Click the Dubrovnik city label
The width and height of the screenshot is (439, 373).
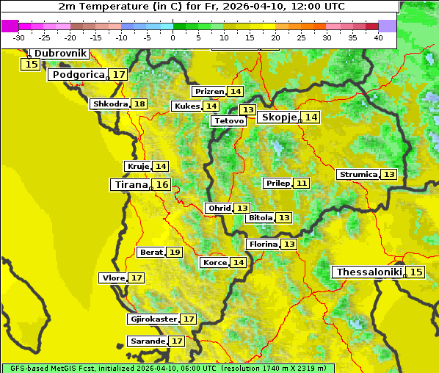coord(60,53)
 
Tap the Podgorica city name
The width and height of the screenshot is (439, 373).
coord(77,74)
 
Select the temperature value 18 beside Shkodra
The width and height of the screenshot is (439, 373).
coord(139,104)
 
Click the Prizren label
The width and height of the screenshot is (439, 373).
coord(209,91)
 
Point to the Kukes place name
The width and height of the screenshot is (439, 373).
coord(186,106)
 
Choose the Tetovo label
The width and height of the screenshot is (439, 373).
coord(228,120)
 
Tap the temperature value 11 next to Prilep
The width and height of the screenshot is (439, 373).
coord(302,183)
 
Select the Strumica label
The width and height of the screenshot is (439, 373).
coord(358,174)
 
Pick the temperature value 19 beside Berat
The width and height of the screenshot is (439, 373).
coord(174,252)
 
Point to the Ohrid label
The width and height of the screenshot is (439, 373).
coord(219,208)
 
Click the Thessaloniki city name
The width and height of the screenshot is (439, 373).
coord(369,272)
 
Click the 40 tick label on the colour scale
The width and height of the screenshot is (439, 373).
coord(378,37)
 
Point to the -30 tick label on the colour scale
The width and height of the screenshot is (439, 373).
coord(19,37)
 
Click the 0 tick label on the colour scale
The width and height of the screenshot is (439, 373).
coord(173,37)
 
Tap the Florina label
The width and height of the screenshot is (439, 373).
coord(264,244)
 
